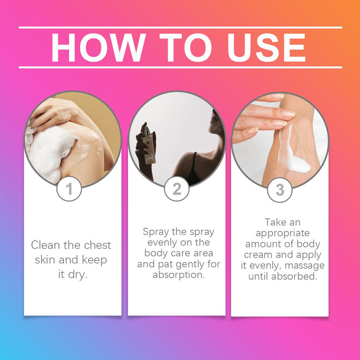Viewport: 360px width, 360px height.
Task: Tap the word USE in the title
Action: (266, 47)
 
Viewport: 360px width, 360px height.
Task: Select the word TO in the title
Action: (185, 47)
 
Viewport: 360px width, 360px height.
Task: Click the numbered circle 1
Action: (69, 189)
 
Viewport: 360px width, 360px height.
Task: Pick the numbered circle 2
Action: (177, 189)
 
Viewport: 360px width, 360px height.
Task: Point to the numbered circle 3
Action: (280, 190)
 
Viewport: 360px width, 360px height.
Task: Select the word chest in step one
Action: (97, 245)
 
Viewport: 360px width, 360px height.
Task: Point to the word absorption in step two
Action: (179, 275)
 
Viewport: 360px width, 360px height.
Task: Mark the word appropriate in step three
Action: (282, 234)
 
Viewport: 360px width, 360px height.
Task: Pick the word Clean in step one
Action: (46, 245)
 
